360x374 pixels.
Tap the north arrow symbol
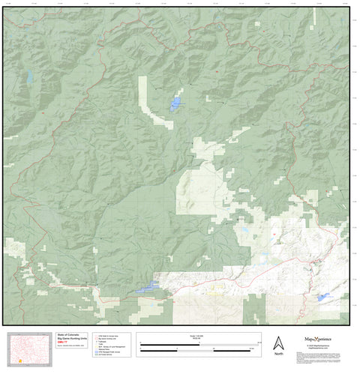coord(278,342)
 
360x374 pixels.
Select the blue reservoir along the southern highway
coord(147,287)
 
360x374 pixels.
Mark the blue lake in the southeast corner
coord(323,298)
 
